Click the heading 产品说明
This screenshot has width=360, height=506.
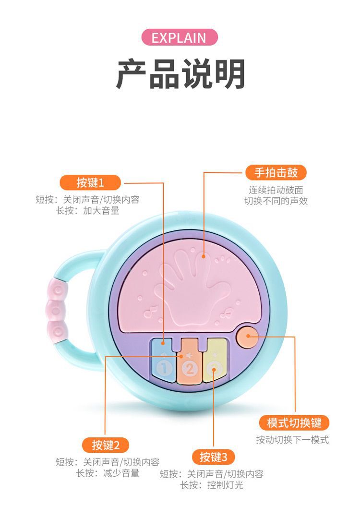[x=180, y=74]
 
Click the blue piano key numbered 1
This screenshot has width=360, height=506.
[x=163, y=362]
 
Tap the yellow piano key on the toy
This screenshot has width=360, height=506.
[x=215, y=362]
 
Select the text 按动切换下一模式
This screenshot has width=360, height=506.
[x=292, y=440]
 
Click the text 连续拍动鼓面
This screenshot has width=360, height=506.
[x=276, y=190]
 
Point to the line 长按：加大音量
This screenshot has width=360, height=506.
[x=88, y=210]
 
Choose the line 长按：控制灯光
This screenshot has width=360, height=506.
[x=212, y=485]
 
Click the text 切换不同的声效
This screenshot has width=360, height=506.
[x=276, y=201]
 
